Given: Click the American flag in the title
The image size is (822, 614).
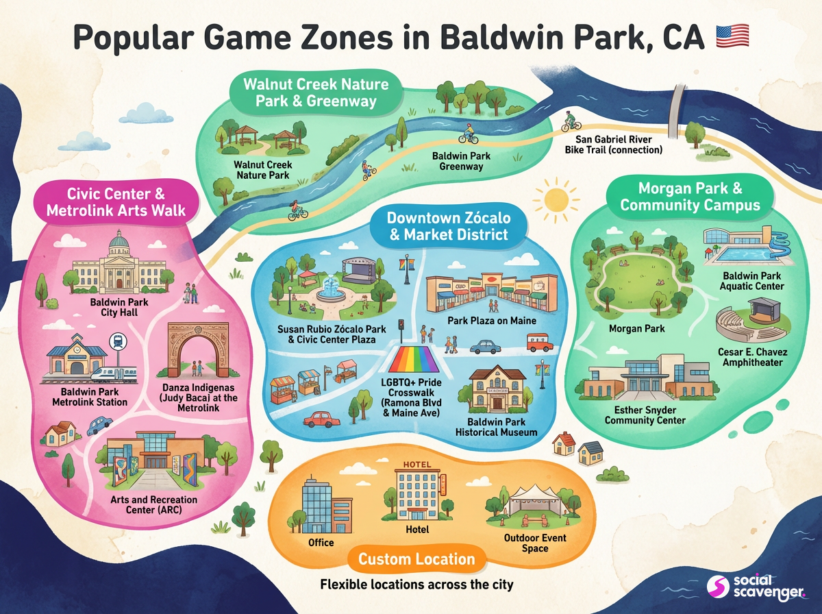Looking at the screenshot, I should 732,36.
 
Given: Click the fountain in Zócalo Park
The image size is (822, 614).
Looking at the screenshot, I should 332,287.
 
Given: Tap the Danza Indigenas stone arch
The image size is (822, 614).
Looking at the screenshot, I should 198,347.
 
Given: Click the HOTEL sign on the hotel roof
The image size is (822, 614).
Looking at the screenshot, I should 419,465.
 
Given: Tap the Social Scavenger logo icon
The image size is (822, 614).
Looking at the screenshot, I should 717,587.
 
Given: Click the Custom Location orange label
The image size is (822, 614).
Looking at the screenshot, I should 416,558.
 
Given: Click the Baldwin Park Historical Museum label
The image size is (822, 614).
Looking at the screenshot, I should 497,427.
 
